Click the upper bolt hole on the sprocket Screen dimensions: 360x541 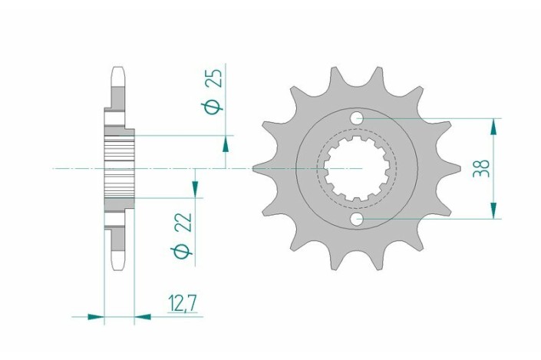pyautogui.click(x=358, y=119)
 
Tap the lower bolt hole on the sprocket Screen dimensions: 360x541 pyautogui.click(x=358, y=220)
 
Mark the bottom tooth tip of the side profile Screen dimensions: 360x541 pyautogui.click(x=118, y=263)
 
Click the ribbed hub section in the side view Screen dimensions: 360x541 pyautogui.click(x=118, y=169)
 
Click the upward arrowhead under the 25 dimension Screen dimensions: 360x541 pyautogui.click(x=226, y=143)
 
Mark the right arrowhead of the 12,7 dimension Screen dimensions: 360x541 pyautogui.click(x=143, y=315)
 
